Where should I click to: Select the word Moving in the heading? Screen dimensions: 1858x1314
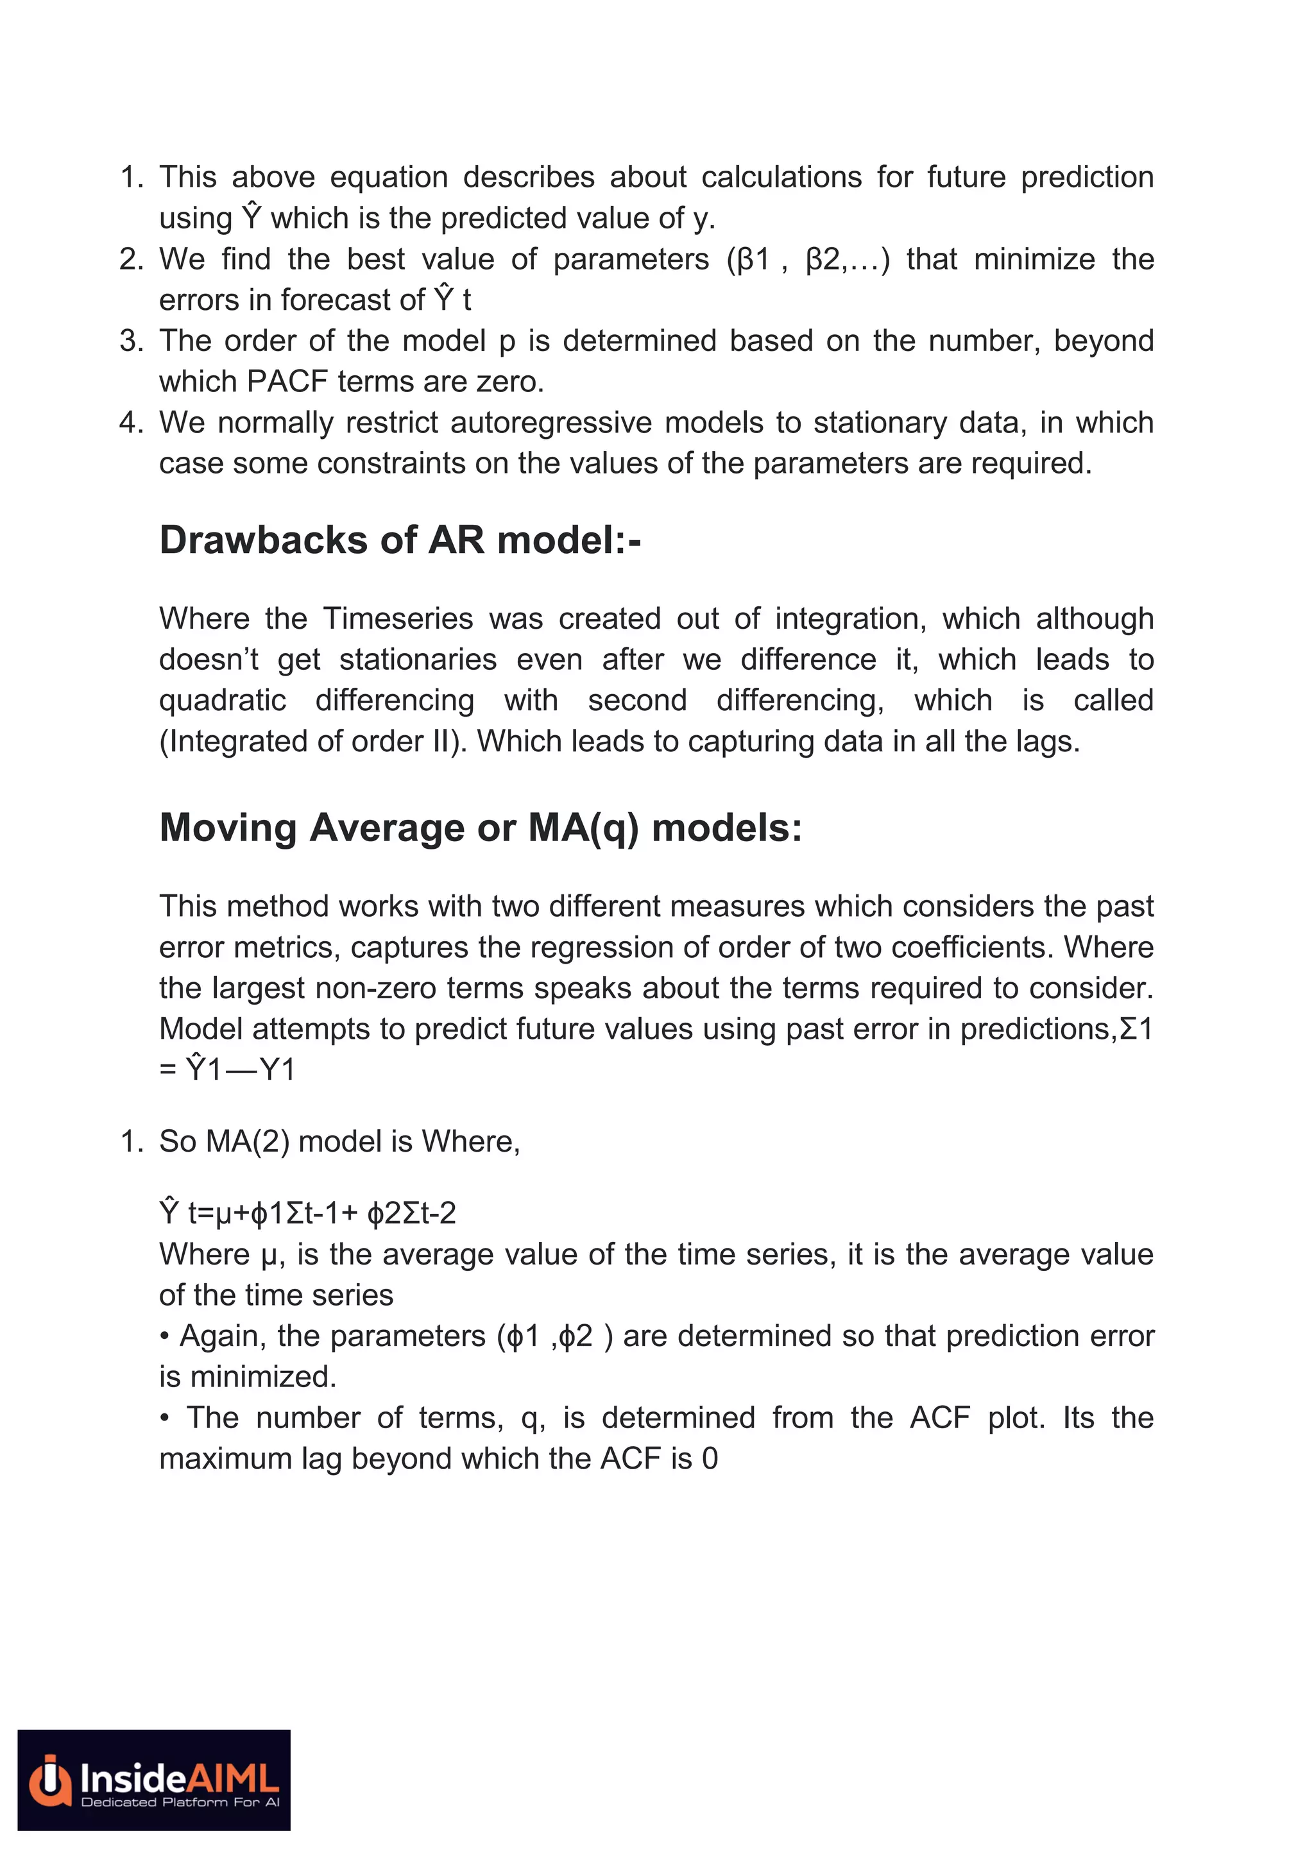[229, 828]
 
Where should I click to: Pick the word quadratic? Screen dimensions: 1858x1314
[223, 700]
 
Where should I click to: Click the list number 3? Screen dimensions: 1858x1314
[130, 341]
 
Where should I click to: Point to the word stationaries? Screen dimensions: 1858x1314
[418, 660]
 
